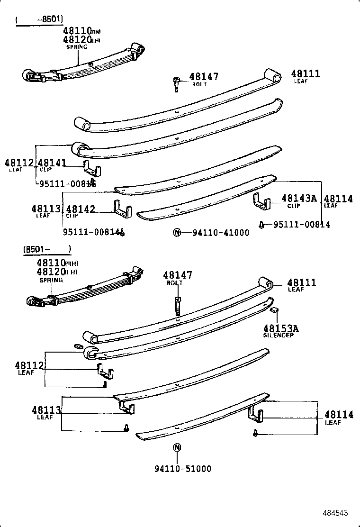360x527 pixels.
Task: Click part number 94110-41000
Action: (220, 233)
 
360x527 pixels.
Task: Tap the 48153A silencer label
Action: (281, 328)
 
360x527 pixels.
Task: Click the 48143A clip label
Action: (298, 199)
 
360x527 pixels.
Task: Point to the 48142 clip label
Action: (81, 209)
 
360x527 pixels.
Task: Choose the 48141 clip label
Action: (53, 164)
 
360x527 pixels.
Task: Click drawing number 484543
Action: (336, 513)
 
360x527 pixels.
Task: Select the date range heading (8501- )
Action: (46, 249)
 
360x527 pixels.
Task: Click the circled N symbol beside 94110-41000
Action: (176, 232)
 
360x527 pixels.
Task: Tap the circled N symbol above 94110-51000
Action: (176, 447)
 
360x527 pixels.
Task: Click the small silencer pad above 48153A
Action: (274, 311)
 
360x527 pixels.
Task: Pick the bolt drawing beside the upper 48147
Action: (175, 84)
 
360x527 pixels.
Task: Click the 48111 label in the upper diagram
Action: (306, 74)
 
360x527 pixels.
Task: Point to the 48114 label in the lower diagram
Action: (339, 415)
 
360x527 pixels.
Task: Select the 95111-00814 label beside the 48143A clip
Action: (301, 224)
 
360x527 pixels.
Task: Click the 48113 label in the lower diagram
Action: (46, 410)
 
